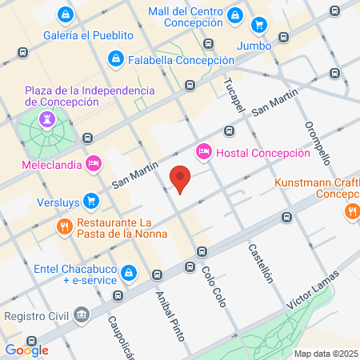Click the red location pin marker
[x=182, y=179]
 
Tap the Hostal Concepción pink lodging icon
[x=203, y=151]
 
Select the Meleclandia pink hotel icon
[x=93, y=162]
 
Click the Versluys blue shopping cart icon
[x=91, y=200]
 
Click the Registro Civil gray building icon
[x=81, y=314]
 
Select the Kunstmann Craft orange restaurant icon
[x=351, y=211]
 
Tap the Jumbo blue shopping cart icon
[x=258, y=25]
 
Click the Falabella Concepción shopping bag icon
[x=117, y=58]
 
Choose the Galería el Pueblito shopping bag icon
[x=65, y=14]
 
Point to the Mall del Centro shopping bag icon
[x=234, y=14]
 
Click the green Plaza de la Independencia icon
[x=46, y=121]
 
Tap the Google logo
[x=26, y=350]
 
